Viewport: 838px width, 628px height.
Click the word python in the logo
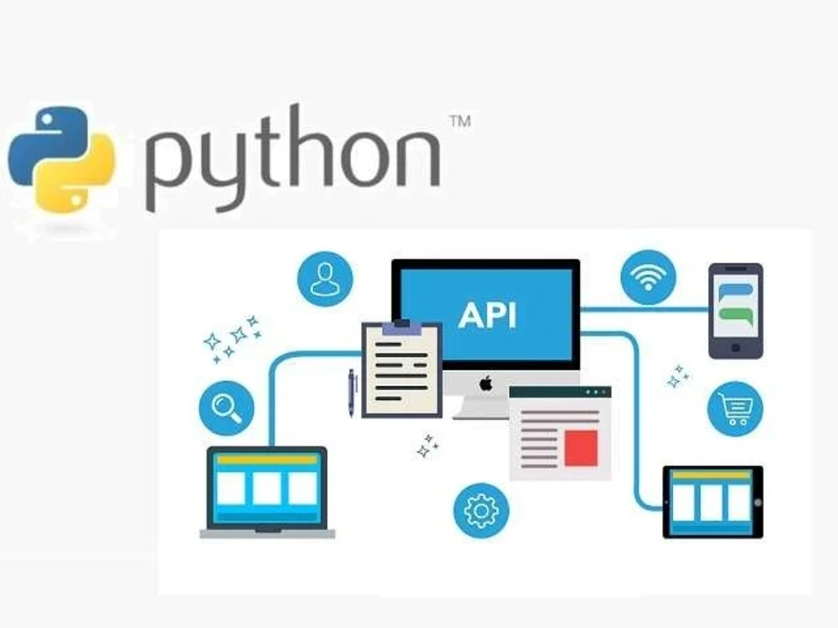(292, 158)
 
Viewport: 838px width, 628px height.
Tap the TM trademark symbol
(460, 121)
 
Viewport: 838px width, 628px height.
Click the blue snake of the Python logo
(46, 142)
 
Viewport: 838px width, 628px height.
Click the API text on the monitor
(488, 315)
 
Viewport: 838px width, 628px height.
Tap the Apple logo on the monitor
(485, 383)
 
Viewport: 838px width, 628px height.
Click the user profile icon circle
(325, 280)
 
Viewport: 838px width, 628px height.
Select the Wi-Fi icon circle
(649, 277)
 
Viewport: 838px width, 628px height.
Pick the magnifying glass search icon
(226, 408)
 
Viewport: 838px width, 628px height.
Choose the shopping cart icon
(736, 409)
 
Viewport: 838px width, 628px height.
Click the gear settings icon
(481, 511)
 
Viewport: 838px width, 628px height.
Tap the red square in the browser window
(581, 447)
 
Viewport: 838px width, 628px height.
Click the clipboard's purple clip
(401, 327)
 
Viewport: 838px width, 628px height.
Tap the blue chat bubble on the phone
(736, 292)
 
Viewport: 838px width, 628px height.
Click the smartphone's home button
(736, 348)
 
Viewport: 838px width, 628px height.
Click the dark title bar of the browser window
(560, 393)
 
